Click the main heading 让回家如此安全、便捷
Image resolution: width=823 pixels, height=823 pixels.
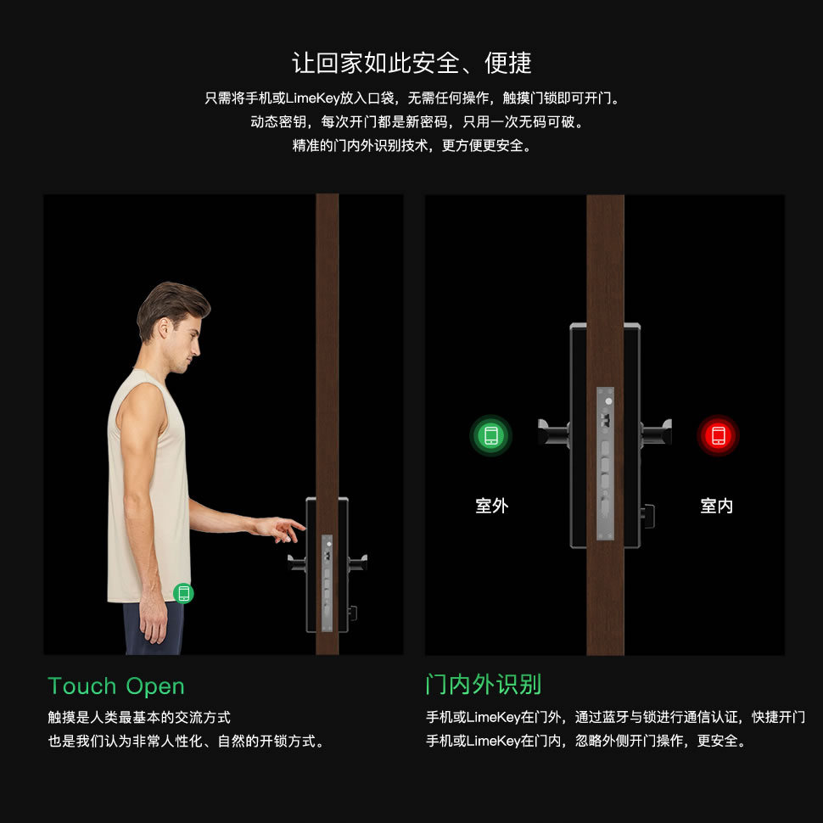411,63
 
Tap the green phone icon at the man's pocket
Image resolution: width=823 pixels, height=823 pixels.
183,593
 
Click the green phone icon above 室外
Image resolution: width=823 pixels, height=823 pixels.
490,436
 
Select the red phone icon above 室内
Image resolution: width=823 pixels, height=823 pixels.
718,436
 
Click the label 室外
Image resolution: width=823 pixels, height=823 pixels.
491,507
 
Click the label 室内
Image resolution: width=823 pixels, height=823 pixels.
717,507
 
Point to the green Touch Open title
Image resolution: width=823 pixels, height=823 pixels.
116,686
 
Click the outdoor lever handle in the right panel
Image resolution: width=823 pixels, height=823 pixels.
553,433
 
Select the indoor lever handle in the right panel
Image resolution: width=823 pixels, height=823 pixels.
656,433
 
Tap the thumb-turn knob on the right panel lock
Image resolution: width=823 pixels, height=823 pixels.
648,512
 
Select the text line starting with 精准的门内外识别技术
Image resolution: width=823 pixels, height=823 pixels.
411,146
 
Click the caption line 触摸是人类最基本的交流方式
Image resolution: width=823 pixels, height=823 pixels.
139,718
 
